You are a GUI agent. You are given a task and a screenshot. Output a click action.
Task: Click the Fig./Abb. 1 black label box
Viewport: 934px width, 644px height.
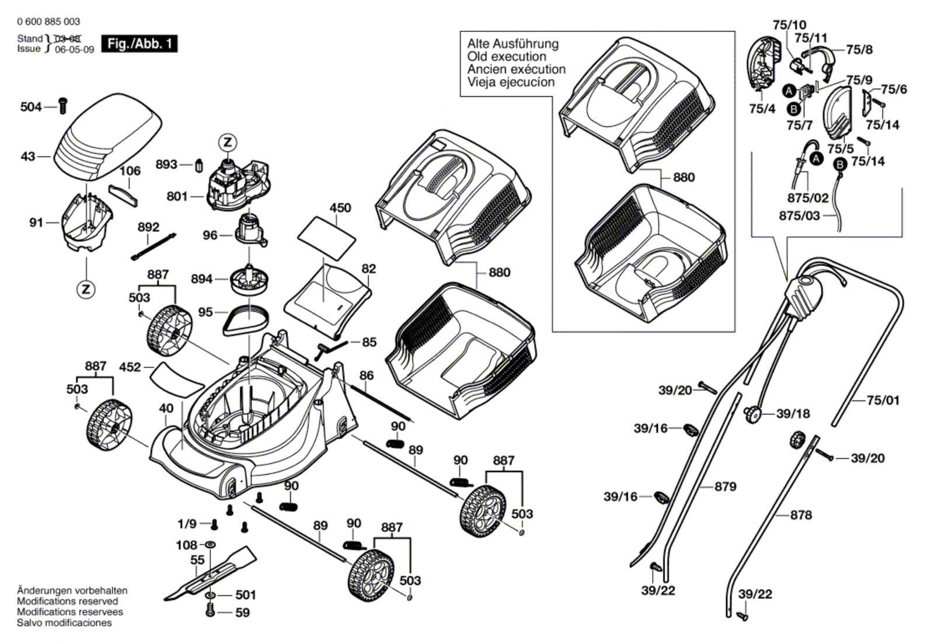pyautogui.click(x=139, y=44)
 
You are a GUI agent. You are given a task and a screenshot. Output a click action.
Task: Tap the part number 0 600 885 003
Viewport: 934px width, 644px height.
pyautogui.click(x=48, y=22)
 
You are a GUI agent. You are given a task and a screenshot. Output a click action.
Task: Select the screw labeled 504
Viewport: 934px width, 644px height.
pyautogui.click(x=64, y=106)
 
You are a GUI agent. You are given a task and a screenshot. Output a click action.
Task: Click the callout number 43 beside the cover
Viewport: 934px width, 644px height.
pyautogui.click(x=28, y=156)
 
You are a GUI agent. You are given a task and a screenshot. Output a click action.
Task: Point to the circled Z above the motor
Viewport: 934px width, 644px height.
pyautogui.click(x=227, y=142)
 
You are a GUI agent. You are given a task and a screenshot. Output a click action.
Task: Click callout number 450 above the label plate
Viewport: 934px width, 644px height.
pyautogui.click(x=340, y=208)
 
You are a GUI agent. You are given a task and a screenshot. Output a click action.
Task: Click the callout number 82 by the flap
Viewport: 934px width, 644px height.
pyautogui.click(x=369, y=269)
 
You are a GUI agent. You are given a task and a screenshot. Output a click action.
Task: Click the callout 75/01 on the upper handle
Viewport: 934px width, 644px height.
pyautogui.click(x=883, y=401)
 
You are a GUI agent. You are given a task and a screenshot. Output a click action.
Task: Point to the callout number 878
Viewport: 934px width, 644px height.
pyautogui.click(x=800, y=515)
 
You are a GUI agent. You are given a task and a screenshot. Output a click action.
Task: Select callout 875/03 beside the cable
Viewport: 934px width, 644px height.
pyautogui.click(x=799, y=215)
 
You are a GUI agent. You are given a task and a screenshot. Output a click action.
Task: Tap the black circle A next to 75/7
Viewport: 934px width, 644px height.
pyautogui.click(x=789, y=90)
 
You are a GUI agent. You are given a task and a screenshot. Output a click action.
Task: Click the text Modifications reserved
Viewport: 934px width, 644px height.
pyautogui.click(x=67, y=601)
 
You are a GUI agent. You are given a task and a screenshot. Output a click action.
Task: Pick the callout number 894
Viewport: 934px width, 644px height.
pyautogui.click(x=201, y=279)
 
